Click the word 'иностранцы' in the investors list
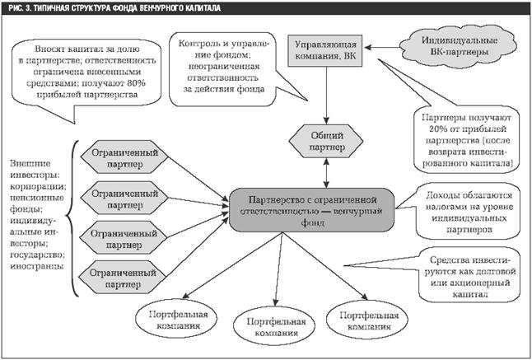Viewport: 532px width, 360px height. pyautogui.click(x=33, y=258)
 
